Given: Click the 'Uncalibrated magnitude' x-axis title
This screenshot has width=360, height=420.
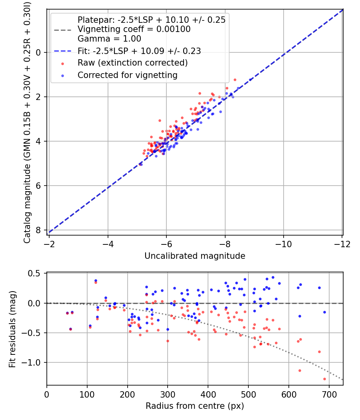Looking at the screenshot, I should pos(195,256).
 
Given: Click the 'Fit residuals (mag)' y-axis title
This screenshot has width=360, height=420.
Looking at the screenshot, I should pos(12,329).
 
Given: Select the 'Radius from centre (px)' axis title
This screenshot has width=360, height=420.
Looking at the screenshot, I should pos(195,406).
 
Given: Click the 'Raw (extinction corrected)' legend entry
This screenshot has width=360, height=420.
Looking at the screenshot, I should pos(132,63).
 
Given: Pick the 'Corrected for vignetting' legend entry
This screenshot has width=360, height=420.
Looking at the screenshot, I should pos(127,75).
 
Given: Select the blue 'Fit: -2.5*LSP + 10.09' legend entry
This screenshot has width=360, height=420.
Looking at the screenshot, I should pos(139,51).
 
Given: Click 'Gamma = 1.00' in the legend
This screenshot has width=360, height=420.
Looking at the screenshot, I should pos(109,39).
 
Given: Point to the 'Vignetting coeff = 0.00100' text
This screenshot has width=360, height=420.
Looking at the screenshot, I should pos(134,29).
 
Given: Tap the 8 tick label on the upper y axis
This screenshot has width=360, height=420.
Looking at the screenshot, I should pos(39,230).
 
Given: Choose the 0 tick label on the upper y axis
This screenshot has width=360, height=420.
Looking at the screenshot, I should pos(39,52).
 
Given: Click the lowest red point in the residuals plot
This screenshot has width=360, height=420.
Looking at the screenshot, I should pos(324,379).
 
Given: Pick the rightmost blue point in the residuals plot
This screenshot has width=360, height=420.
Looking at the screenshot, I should pos(324,312).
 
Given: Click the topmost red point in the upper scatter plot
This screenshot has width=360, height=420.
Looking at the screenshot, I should pos(235,80).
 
